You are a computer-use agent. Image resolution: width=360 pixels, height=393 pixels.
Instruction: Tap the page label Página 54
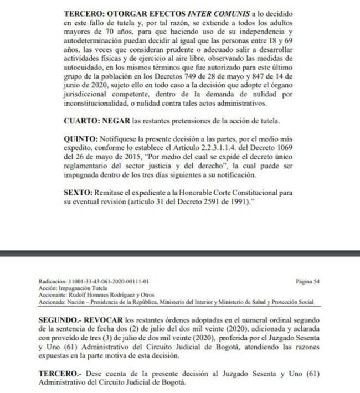pos(308,281)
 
